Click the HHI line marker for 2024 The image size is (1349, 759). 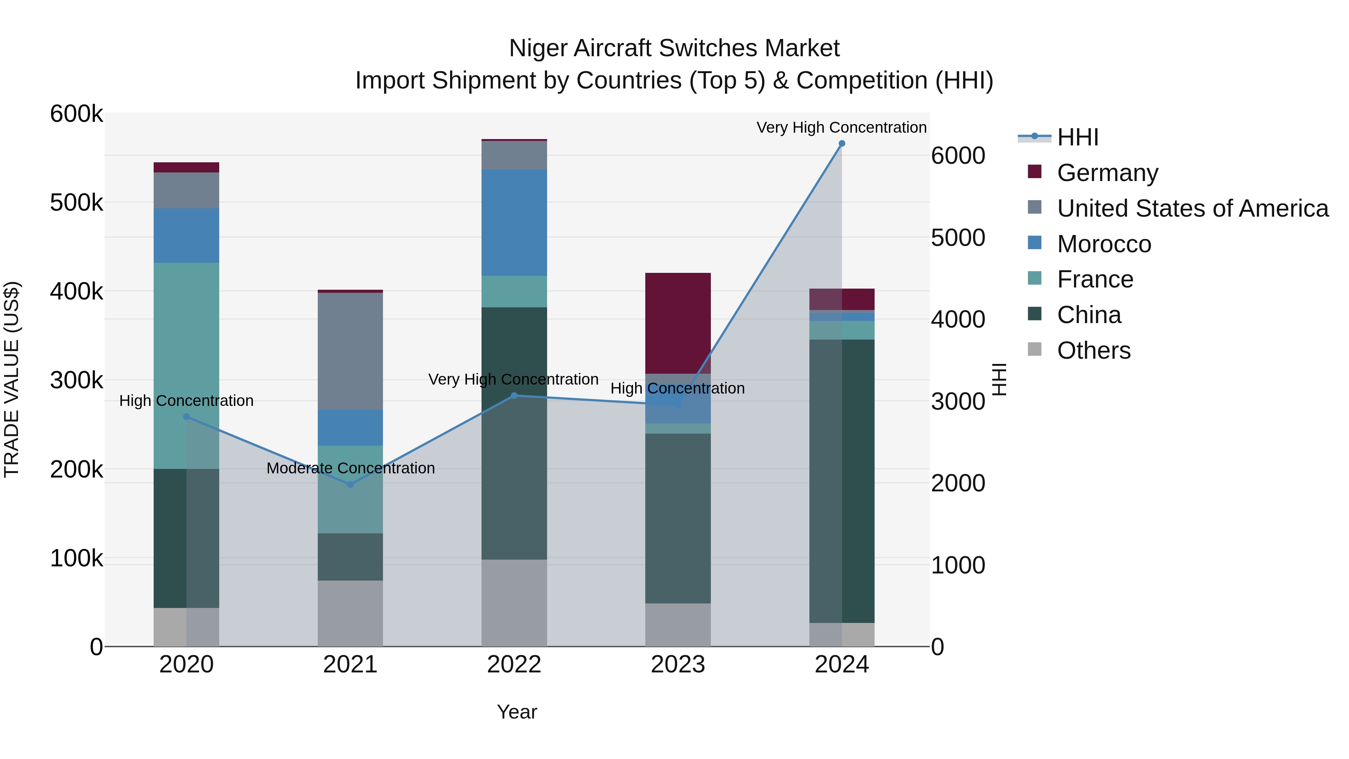(842, 144)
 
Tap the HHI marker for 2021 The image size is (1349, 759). (350, 485)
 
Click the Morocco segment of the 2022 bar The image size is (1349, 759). (514, 223)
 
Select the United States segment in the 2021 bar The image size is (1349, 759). (350, 351)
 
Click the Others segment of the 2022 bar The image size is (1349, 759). (514, 602)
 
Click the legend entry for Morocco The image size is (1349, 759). (1104, 244)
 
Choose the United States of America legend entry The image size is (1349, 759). (1192, 208)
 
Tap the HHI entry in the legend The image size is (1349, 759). (1077, 137)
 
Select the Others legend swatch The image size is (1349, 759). (1035, 349)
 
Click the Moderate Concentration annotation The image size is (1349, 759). (350, 468)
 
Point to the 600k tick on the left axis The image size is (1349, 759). (76, 114)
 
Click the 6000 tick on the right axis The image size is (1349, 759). (958, 156)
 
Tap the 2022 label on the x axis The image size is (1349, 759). (514, 665)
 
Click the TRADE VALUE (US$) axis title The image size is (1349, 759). (12, 379)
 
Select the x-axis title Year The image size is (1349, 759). (517, 712)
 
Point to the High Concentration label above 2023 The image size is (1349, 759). (677, 389)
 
